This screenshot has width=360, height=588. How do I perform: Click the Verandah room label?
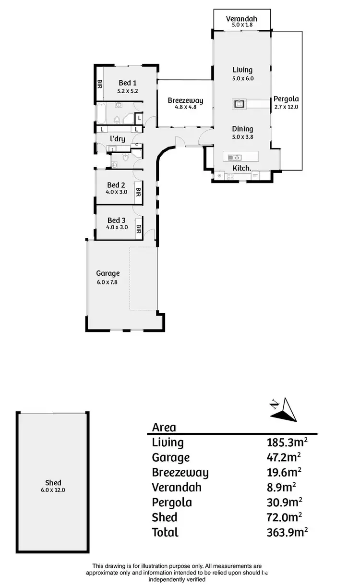point(242,19)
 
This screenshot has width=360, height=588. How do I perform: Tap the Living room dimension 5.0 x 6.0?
point(242,78)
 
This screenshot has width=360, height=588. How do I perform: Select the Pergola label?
point(286,99)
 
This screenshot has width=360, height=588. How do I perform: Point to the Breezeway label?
point(185,100)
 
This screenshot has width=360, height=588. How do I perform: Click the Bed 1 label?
point(128,83)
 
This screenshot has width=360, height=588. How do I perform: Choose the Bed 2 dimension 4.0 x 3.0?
point(117,192)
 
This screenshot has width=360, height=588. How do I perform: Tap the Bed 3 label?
point(116,220)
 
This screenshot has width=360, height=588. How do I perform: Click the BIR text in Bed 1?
point(100,85)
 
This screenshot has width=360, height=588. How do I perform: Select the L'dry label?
point(118,139)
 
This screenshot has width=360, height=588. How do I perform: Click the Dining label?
point(242,129)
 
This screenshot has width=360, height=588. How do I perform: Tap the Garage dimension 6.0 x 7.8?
point(107,282)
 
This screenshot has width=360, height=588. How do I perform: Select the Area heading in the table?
point(164,427)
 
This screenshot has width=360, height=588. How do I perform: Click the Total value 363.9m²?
point(287,532)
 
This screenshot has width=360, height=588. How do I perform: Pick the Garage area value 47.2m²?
point(284,457)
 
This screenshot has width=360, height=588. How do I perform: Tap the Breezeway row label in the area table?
point(180,473)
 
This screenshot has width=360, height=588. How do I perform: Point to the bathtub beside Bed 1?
point(102,114)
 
